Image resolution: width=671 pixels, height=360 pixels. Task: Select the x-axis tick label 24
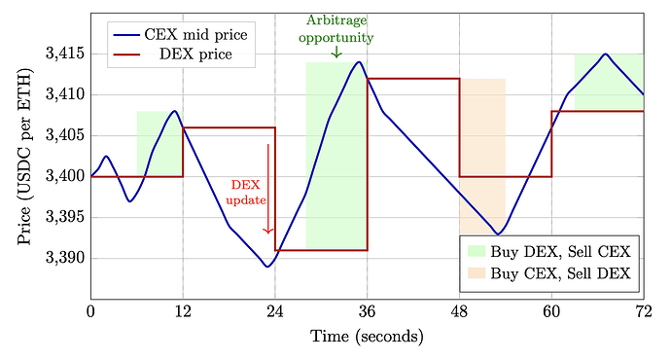[275, 311]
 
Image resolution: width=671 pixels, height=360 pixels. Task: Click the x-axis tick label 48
[459, 311]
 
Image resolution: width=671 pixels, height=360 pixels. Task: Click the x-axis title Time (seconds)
[367, 337]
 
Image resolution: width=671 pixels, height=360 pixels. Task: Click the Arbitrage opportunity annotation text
[336, 29]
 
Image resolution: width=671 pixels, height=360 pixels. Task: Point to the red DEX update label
[245, 192]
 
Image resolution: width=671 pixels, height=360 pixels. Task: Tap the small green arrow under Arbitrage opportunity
[336, 53]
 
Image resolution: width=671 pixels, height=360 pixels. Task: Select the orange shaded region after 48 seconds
[482, 156]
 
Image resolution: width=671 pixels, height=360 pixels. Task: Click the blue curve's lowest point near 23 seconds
[267, 267]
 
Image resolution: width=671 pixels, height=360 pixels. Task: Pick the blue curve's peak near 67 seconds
[605, 54]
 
